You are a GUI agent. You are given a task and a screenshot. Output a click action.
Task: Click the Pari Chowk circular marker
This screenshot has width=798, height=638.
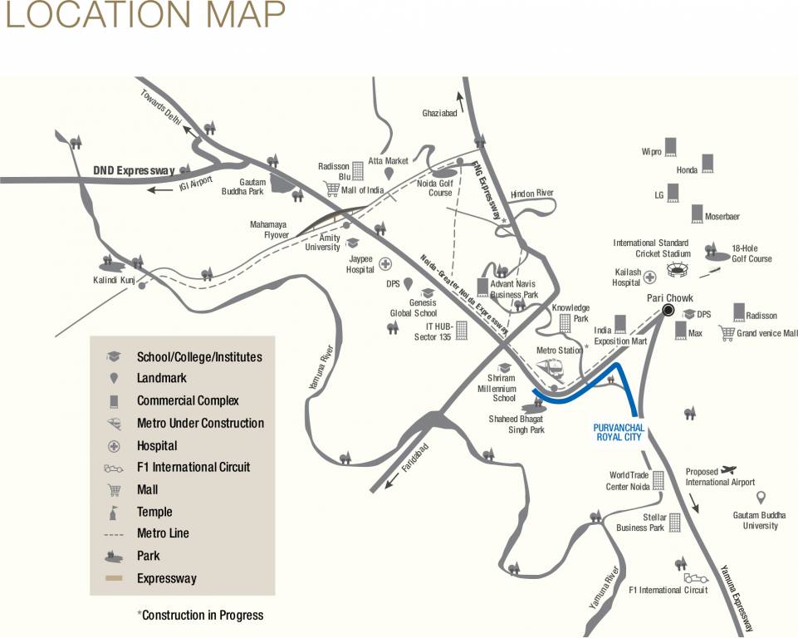point(668,311)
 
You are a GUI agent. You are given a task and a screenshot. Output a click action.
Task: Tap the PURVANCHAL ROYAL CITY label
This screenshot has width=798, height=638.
point(619,432)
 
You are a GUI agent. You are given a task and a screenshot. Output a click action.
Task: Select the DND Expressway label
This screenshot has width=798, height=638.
point(134,170)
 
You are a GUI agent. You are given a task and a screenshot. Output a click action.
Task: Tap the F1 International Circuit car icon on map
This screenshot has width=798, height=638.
point(696,577)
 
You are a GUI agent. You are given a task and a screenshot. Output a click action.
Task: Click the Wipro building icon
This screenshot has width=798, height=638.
point(670,146)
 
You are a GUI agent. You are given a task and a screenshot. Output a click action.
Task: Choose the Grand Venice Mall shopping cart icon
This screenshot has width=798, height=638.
point(727,333)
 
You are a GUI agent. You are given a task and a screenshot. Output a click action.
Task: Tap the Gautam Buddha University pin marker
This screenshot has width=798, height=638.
point(761,498)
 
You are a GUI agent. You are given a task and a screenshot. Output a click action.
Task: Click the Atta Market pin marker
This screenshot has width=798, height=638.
point(388,174)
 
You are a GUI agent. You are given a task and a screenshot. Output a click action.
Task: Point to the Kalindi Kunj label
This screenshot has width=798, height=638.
point(114,280)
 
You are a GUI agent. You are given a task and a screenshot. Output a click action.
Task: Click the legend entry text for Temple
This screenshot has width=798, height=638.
point(154,512)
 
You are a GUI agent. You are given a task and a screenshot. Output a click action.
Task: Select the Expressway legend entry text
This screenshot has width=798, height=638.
point(167,578)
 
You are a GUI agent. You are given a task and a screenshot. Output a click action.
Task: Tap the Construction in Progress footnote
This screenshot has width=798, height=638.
point(200,616)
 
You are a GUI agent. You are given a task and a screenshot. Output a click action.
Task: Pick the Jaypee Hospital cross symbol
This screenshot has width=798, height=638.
point(385,264)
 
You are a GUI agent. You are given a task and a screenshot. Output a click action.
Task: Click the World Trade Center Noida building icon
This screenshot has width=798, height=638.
point(658,479)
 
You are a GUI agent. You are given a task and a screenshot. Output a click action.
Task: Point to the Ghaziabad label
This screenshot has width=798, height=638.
point(439,113)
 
